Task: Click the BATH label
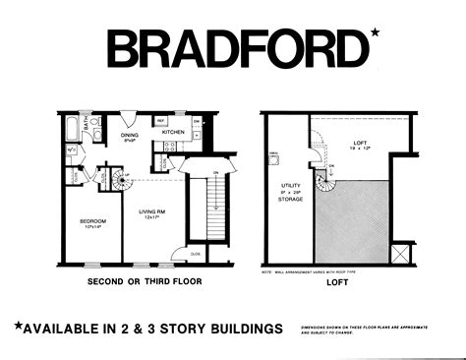(87, 125)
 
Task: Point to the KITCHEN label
(173, 132)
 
